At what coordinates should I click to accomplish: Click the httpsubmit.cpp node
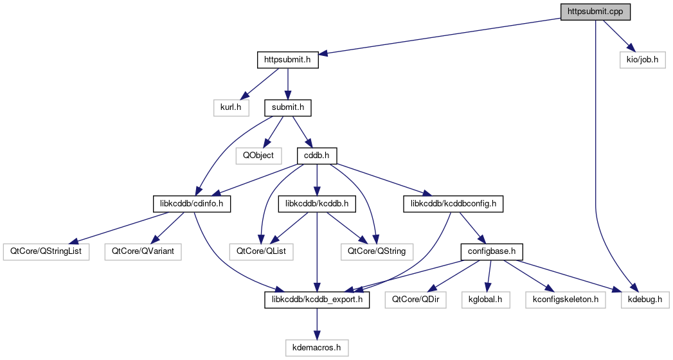(595, 12)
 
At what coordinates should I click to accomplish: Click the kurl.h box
(231, 107)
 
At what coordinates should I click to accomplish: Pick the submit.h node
(288, 107)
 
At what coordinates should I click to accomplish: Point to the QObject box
(258, 155)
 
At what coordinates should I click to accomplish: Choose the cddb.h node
(317, 155)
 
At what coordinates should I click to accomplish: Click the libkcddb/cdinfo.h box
(192, 204)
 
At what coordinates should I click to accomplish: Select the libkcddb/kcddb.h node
(317, 204)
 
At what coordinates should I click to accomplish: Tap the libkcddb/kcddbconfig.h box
(453, 204)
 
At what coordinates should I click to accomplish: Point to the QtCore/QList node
(262, 251)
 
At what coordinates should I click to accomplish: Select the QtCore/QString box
(377, 251)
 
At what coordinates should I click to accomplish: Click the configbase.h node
(492, 251)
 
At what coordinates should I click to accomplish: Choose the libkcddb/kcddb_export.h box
(317, 300)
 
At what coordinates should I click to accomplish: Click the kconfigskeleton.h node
(566, 300)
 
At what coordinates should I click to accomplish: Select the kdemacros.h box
(317, 348)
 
